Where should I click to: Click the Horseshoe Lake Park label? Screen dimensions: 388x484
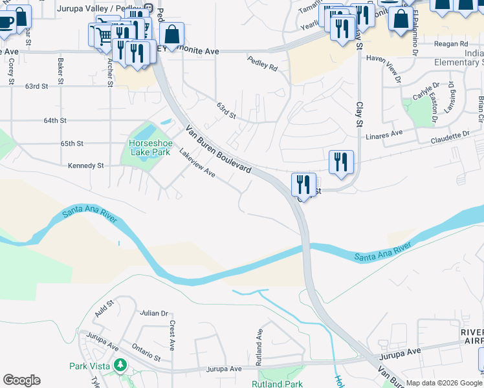149,147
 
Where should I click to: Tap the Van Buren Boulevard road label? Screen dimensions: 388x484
218,149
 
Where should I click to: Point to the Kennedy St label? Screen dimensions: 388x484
86,166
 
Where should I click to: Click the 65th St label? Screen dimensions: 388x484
72,143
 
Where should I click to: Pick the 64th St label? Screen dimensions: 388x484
55,120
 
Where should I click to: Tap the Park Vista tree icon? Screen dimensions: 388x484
119,366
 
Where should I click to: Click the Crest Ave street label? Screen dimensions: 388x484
173,334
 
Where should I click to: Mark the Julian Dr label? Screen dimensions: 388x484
154,313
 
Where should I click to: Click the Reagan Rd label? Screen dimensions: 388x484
452,44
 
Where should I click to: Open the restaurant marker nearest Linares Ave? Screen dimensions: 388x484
341,162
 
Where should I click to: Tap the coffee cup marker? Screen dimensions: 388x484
6,21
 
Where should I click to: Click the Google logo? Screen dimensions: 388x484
21,380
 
